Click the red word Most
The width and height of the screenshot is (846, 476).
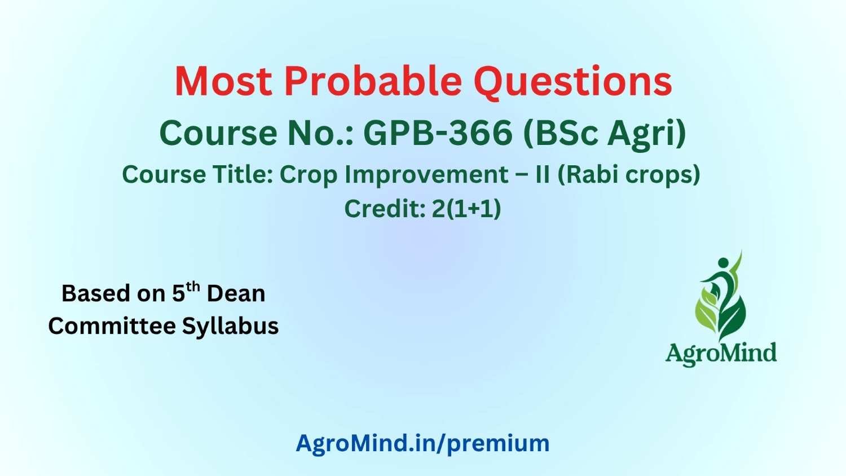coord(223,82)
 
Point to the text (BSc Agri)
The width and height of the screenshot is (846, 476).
coord(605,135)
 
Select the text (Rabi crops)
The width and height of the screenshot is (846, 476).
coord(629,175)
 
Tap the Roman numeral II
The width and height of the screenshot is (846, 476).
coord(543,174)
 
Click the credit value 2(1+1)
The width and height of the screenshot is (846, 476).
coord(466,209)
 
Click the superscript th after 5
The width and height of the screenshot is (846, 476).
coord(193,287)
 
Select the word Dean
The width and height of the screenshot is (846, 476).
coord(236,294)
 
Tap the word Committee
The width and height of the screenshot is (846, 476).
coord(112,326)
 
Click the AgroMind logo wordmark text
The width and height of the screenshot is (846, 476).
coord(721,354)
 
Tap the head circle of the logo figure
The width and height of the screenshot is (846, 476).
coord(723,263)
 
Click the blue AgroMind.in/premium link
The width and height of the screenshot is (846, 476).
coord(422,443)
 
